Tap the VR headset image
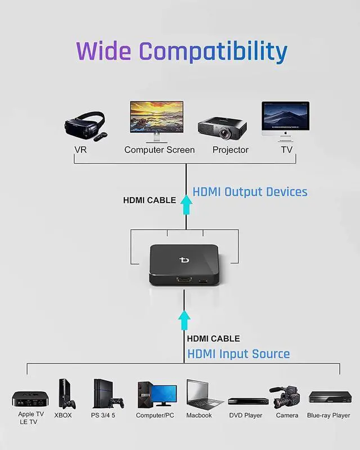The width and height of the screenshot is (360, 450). coord(85,127)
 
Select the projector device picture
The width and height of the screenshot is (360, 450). coord(223,129)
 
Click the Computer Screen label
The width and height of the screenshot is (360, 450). coord(159,150)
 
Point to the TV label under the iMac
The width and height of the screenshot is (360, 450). coord(287,150)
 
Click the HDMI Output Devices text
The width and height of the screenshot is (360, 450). coord(250,192)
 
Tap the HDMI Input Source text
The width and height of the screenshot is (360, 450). coord(238,354)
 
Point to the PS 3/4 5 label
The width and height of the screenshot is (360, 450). coord(103,415)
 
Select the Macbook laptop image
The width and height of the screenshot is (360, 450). coord(203,395)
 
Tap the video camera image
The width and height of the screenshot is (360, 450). coord(286,397)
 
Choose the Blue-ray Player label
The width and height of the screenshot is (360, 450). coord(328,415)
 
